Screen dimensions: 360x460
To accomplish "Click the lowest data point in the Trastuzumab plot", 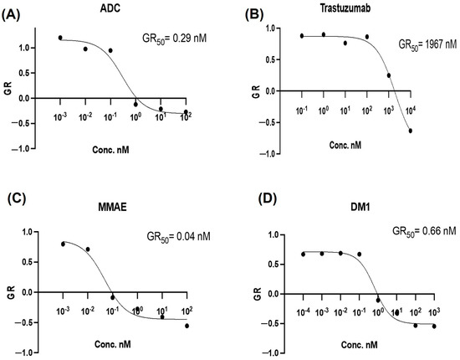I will tap(411, 131).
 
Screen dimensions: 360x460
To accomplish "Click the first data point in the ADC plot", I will tap(60, 38).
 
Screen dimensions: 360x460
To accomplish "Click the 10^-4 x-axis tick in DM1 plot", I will tap(304, 311).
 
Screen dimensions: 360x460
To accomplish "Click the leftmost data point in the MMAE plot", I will tap(64, 244).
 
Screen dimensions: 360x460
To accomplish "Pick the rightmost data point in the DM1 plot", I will tap(434, 326).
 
